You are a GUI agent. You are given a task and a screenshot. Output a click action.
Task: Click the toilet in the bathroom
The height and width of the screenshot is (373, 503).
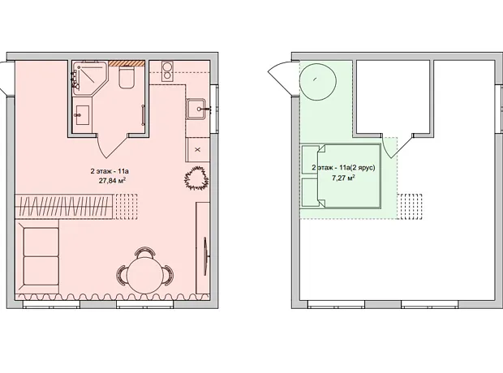pyautogui.click(x=127, y=77)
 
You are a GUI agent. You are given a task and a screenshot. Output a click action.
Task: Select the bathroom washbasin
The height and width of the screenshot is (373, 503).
pyautogui.click(x=82, y=115)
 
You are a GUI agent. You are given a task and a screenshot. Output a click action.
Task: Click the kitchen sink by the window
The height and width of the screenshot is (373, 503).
pyautogui.click(x=196, y=109)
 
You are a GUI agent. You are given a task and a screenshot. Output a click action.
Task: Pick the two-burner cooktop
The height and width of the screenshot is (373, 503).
pyautogui.click(x=167, y=71)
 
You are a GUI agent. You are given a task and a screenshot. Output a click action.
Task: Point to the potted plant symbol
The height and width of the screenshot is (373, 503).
pyautogui.click(x=196, y=178)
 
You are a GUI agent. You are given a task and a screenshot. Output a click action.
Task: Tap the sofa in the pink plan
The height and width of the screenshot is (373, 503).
pyautogui.click(x=37, y=257)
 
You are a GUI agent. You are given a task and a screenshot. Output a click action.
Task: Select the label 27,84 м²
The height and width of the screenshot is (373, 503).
pyautogui.click(x=112, y=181)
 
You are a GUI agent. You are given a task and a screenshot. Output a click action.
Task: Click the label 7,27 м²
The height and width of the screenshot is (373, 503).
pyautogui.click(x=343, y=178)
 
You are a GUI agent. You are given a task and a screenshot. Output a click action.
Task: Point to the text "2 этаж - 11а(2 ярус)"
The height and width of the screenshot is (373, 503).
pyautogui.click(x=343, y=167)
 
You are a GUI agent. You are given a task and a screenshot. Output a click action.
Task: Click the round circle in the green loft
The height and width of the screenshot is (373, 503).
pyautogui.click(x=318, y=82)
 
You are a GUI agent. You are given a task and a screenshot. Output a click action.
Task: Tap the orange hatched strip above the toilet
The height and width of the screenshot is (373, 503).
pyautogui.click(x=127, y=63)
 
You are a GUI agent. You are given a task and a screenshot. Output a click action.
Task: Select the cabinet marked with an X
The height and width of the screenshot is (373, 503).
pyautogui.click(x=198, y=149)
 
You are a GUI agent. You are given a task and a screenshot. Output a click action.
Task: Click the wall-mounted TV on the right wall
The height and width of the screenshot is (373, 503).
pyautogui.click(x=205, y=256)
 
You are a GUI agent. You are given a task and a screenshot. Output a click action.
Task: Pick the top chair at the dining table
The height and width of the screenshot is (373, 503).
pyautogui.click(x=146, y=252)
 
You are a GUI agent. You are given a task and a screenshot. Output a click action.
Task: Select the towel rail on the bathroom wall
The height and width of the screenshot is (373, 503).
pyautogui.click(x=143, y=115)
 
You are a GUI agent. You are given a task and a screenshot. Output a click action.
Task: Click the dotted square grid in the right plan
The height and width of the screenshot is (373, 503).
pyautogui.click(x=410, y=207)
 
